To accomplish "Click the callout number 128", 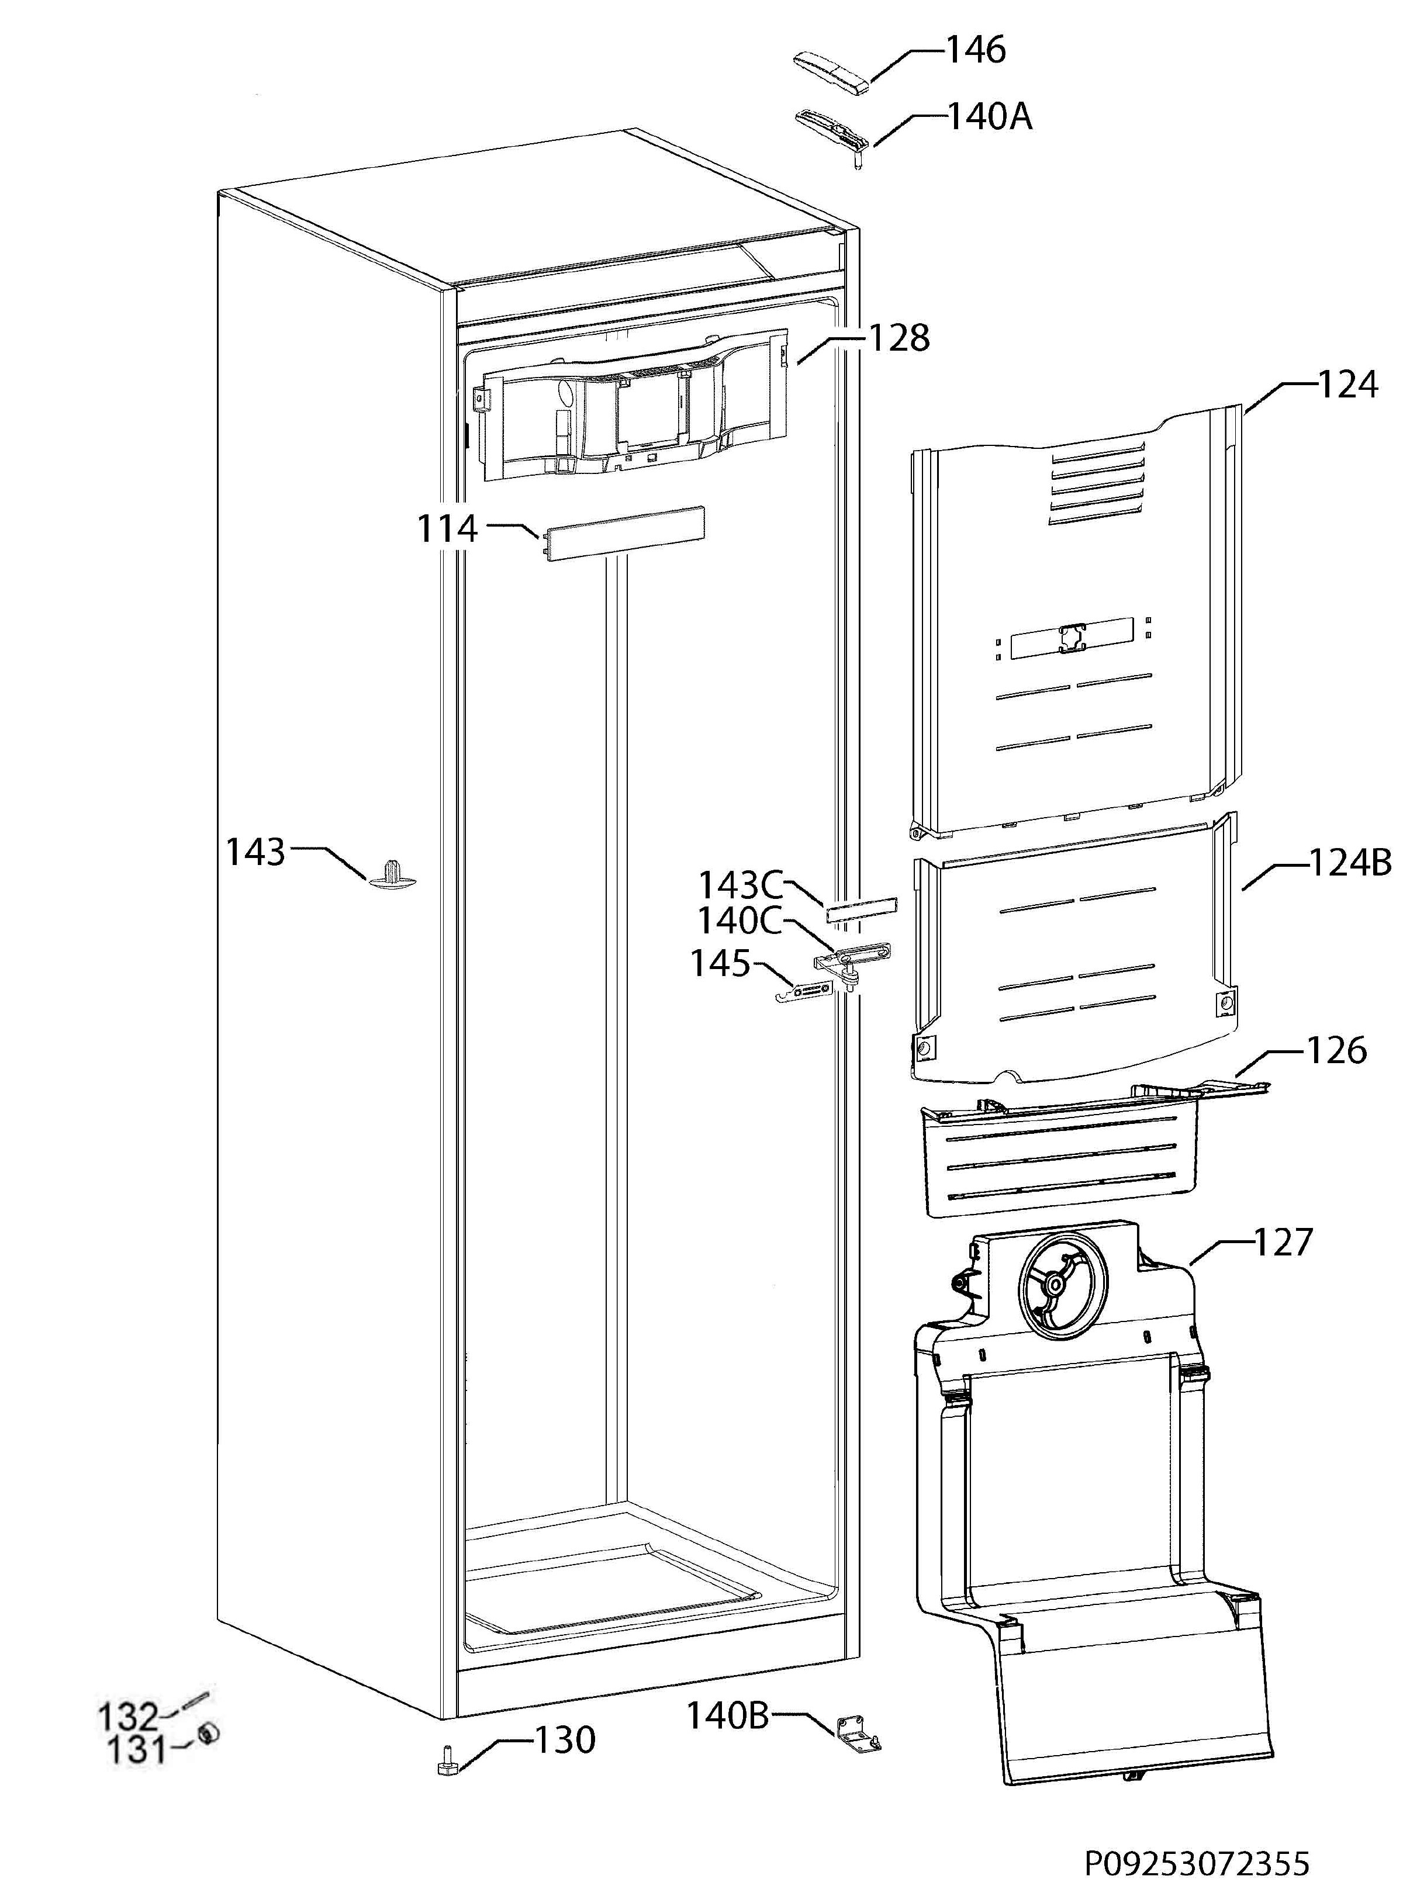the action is pos(899,338).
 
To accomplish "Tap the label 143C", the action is pos(741,885).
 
